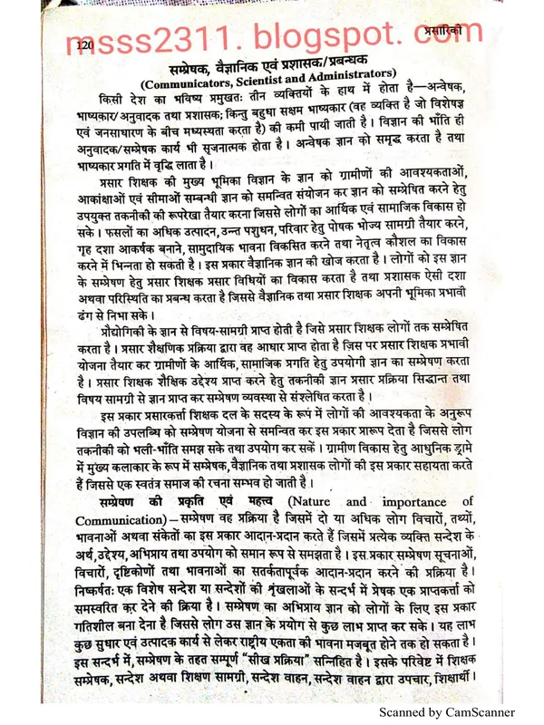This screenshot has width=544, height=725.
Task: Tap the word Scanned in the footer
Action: click(403, 713)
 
